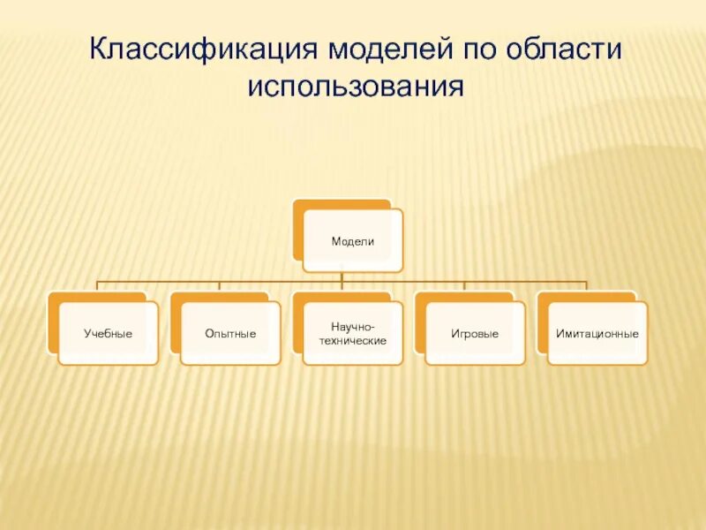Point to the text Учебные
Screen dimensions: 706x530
(x=108, y=334)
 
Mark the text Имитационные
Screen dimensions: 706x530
(x=597, y=334)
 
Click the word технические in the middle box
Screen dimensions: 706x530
(x=353, y=340)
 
